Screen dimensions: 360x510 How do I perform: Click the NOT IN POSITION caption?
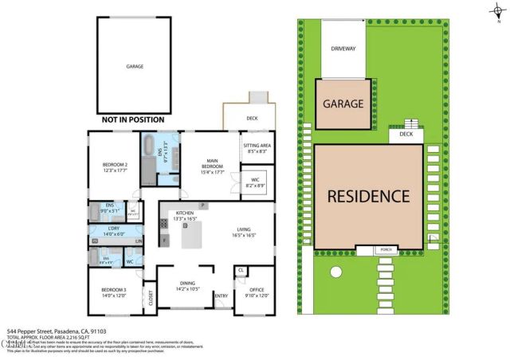point(132,119)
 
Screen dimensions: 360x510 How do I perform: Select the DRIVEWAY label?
point(343,49)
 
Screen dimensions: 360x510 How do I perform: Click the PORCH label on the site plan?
point(385,250)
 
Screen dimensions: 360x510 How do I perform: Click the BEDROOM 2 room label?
point(115,166)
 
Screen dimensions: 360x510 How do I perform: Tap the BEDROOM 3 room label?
point(113,292)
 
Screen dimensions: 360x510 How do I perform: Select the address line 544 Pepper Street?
point(56,331)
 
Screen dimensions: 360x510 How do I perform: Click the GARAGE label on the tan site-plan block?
point(343,104)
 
